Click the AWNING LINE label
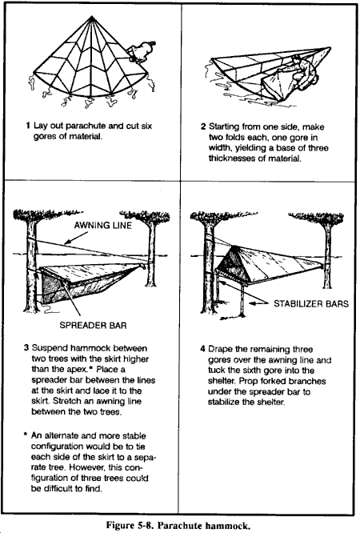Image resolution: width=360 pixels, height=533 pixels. click(102, 225)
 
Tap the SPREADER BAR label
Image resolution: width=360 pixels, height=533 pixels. click(93, 325)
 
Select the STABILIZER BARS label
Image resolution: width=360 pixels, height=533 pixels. click(311, 303)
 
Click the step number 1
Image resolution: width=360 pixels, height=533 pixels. click(28, 126)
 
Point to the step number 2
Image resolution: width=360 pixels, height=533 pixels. click(203, 126)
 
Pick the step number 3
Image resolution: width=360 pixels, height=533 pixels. click(26, 348)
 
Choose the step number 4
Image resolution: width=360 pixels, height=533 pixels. click(202, 349)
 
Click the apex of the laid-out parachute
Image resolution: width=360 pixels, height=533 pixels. click(92, 16)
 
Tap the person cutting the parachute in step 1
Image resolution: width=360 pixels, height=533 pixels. click(140, 52)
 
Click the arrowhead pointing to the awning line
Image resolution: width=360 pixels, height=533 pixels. click(67, 242)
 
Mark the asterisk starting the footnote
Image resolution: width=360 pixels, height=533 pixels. click(25, 435)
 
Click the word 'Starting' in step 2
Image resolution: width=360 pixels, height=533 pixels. click(224, 127)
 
